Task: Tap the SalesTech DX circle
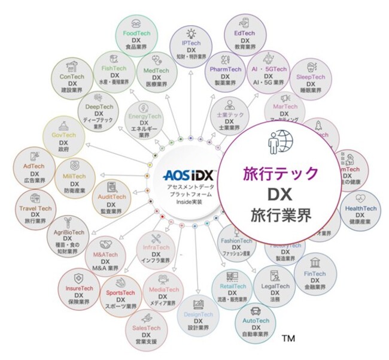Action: (146, 328)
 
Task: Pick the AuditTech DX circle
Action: (111, 199)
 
